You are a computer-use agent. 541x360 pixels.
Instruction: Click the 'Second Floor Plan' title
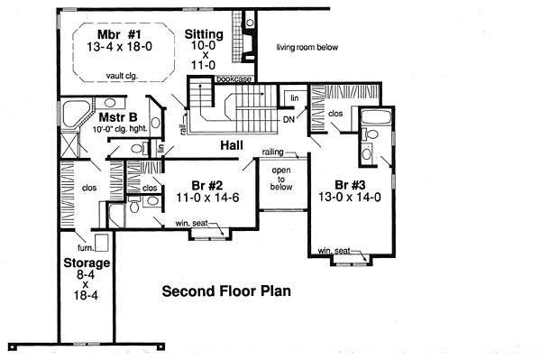225,292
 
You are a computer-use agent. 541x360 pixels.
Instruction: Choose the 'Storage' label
87,263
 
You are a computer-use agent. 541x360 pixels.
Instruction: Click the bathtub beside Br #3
372,119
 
